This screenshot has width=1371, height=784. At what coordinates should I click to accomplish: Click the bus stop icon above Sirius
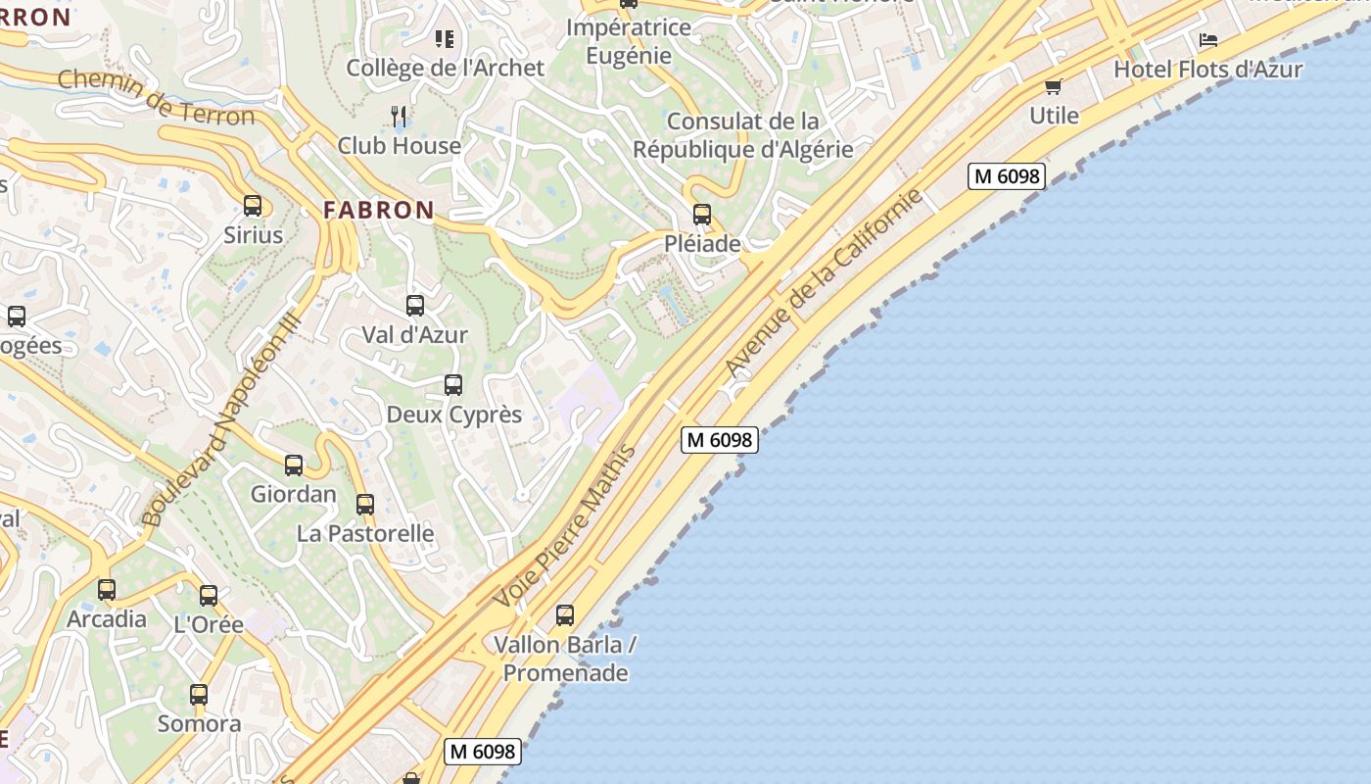pos(253,206)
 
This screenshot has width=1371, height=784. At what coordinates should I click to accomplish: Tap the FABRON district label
pos(379,210)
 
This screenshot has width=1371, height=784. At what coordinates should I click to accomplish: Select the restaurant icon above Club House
pos(399,117)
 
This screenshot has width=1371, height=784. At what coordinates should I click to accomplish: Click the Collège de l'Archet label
pos(445,68)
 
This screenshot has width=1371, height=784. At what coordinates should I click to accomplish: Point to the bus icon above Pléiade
pos(701,215)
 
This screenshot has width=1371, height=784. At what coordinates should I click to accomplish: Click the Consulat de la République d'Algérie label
pos(743,135)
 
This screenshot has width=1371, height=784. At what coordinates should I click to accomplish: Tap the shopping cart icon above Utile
pos(1054,87)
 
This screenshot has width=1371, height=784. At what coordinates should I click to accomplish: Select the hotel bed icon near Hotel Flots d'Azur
pos(1208,41)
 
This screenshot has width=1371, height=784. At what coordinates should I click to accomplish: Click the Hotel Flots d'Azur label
pos(1208,70)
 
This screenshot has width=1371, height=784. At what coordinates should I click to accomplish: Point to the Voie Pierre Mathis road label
pos(565,526)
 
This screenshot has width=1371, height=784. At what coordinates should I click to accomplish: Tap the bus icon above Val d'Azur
pos(415,306)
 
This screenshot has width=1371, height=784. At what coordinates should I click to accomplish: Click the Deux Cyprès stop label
pos(454,415)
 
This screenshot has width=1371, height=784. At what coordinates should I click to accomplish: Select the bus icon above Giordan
pos(294,465)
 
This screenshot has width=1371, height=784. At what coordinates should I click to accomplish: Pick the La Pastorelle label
pos(365,533)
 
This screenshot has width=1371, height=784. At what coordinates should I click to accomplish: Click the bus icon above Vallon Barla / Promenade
pos(565,615)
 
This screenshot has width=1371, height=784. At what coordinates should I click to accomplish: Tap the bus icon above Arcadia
pos(107,590)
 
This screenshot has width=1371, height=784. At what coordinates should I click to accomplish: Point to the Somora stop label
pos(200,724)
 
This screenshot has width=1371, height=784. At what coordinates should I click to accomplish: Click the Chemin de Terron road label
pos(156,97)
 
